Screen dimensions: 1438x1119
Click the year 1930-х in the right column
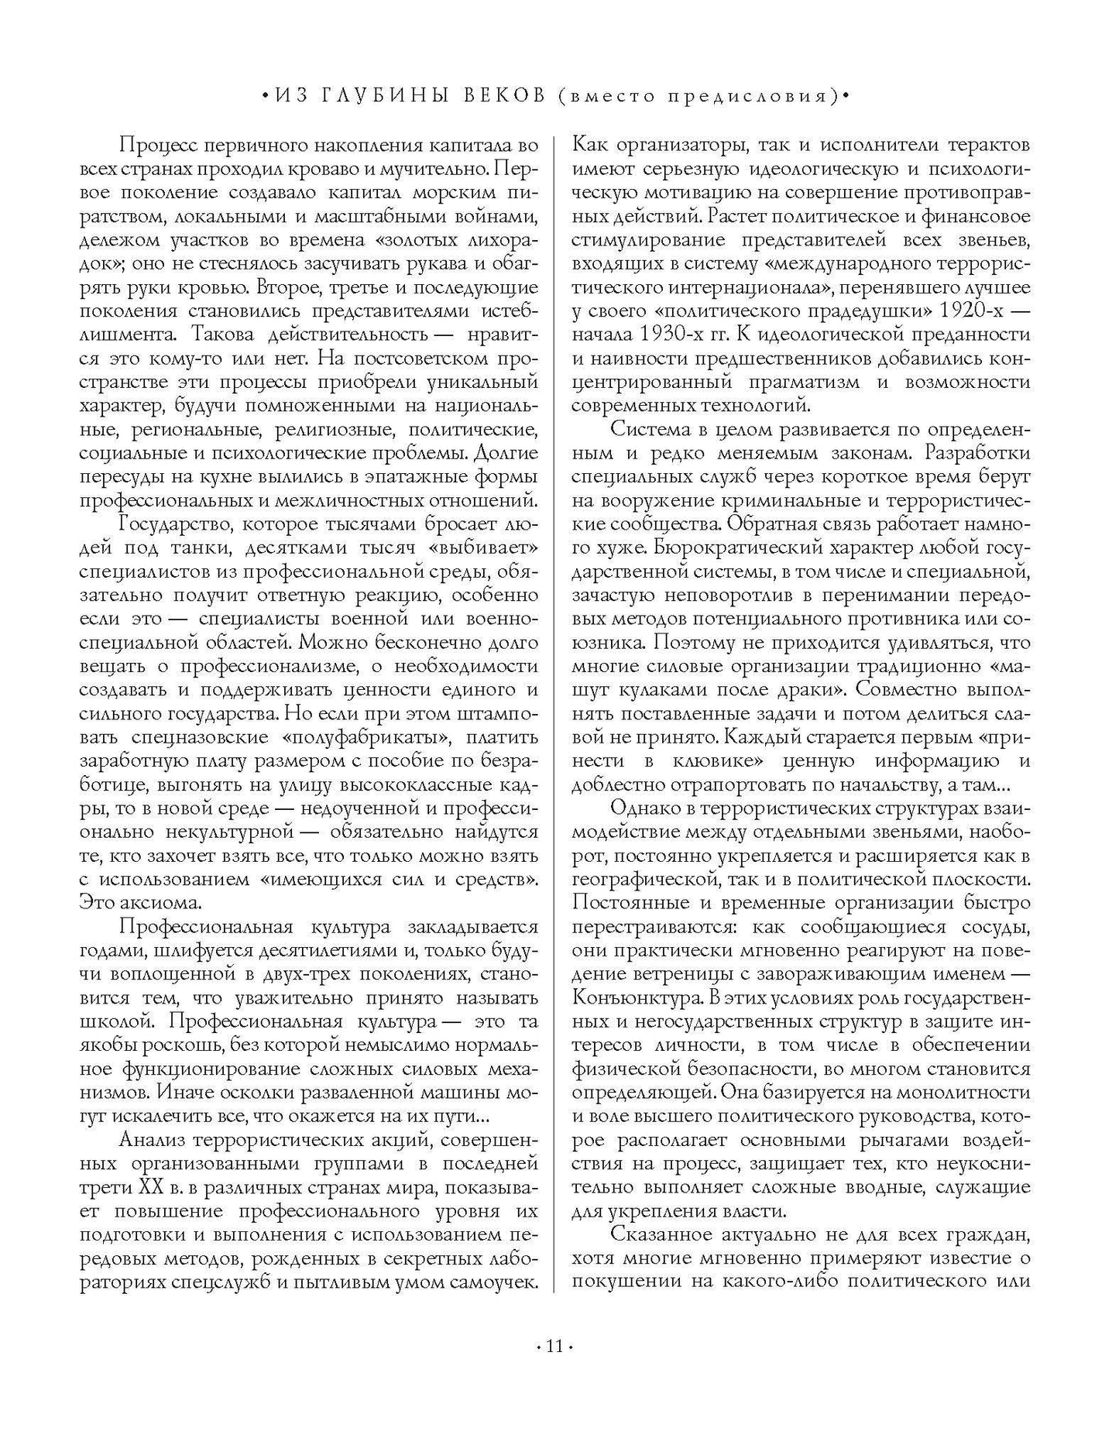coord(681,335)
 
